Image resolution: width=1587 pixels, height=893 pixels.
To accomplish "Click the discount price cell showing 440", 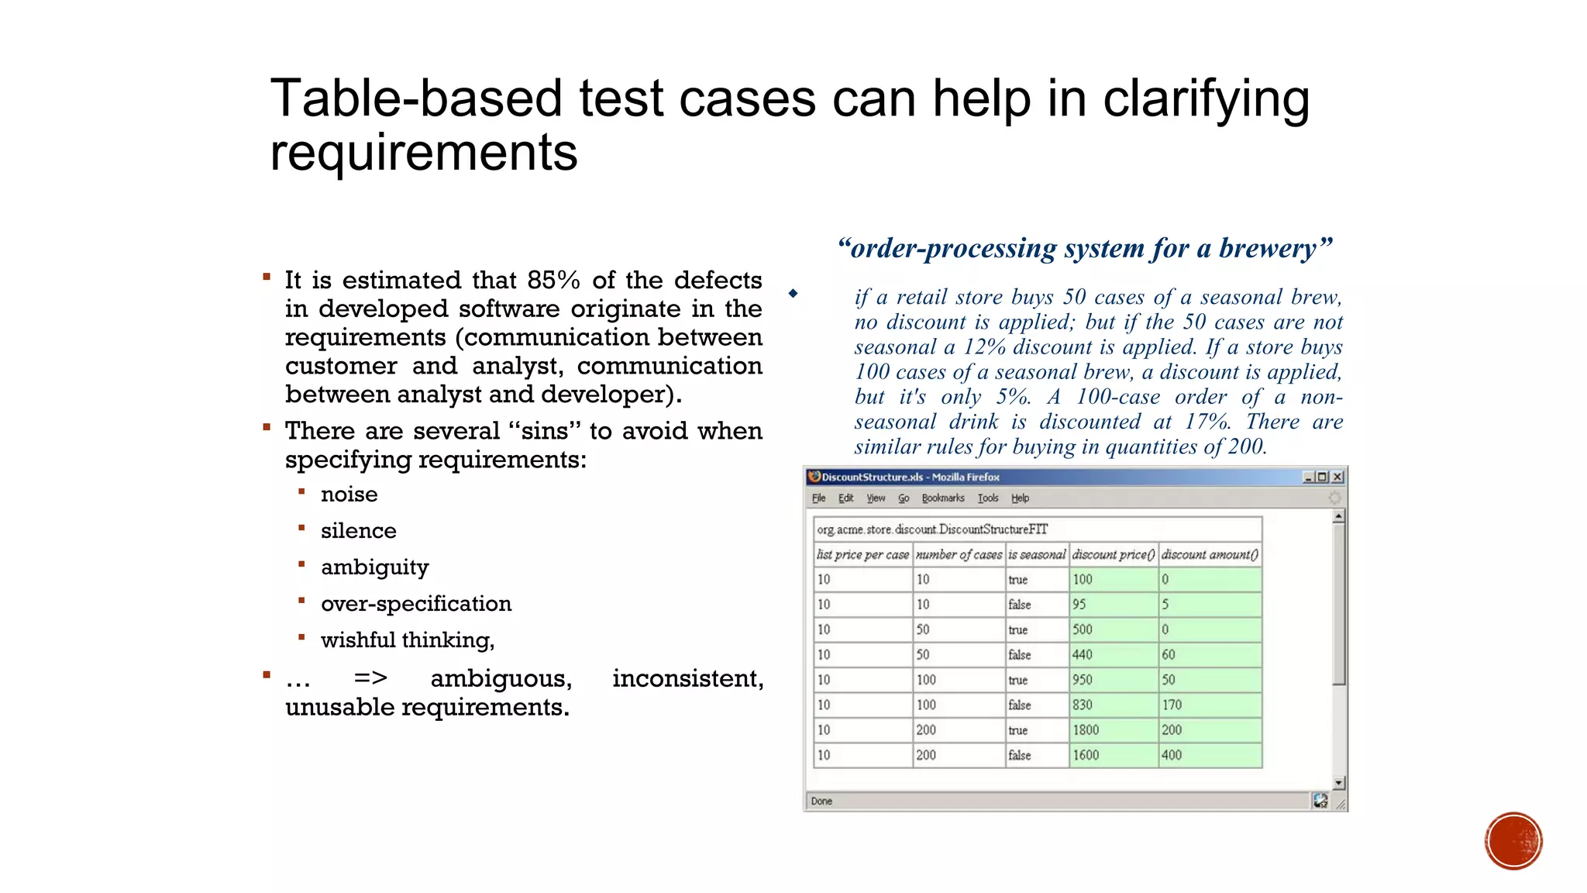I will point(1112,654).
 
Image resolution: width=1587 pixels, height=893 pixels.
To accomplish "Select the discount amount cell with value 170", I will point(1209,705).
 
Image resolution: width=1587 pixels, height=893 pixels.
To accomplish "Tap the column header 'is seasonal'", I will point(1037,554).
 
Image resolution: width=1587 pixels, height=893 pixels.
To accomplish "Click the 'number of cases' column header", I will point(959,554).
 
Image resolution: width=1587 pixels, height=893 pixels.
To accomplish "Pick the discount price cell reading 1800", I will point(1112,729).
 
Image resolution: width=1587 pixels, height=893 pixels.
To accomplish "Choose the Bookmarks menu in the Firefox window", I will point(942,498).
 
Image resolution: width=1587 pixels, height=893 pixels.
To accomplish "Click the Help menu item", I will point(1020,498).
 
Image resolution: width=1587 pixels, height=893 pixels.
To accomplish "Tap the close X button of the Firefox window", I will point(1337,477).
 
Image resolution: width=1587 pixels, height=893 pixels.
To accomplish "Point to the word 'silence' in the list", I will point(358,531).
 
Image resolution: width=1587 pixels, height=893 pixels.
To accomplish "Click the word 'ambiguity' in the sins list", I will point(374,567).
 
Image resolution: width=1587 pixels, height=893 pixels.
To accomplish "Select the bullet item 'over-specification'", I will point(416,604).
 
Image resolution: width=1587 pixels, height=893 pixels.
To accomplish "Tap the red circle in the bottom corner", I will point(1513,841).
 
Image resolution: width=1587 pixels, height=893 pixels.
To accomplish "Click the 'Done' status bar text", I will point(821,801).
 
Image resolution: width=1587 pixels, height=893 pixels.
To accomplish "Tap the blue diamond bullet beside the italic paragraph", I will point(793,294).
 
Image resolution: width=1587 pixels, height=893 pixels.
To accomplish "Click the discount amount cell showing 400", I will point(1209,755).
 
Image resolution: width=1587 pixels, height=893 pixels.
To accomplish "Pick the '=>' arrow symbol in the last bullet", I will point(370,678).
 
